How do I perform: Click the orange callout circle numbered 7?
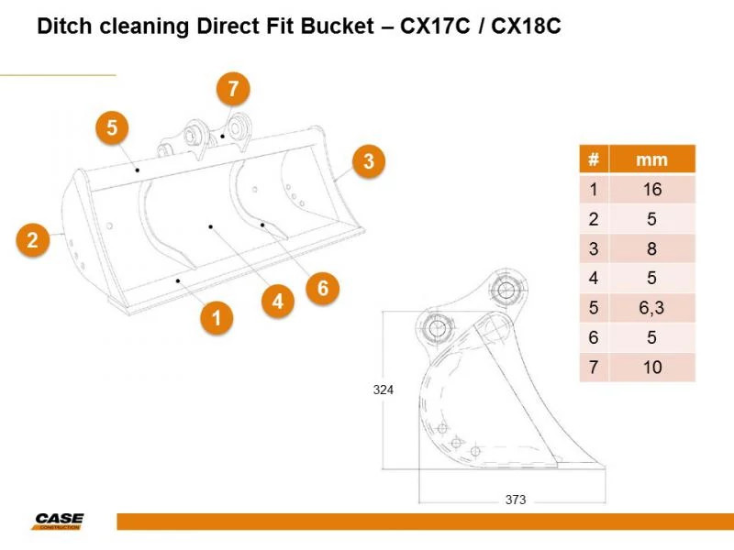click(233, 88)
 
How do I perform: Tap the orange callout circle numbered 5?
click(112, 127)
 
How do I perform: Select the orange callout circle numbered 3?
click(369, 161)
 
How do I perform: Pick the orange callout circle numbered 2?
click(32, 240)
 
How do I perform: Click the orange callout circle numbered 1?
click(217, 318)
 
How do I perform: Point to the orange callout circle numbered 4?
click(278, 302)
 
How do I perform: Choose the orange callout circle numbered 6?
click(323, 288)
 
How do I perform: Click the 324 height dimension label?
click(383, 390)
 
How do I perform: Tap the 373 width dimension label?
click(516, 500)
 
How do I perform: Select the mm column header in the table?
click(652, 159)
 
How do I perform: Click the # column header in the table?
click(594, 159)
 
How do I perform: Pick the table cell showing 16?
click(652, 190)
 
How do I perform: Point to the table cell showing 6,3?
click(652, 308)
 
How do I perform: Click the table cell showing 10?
click(652, 368)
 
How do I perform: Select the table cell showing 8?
click(652, 248)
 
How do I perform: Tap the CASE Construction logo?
click(59, 521)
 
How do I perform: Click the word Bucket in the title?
click(337, 26)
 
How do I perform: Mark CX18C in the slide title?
click(526, 26)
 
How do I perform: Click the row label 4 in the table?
click(594, 279)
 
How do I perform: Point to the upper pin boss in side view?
click(506, 290)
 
